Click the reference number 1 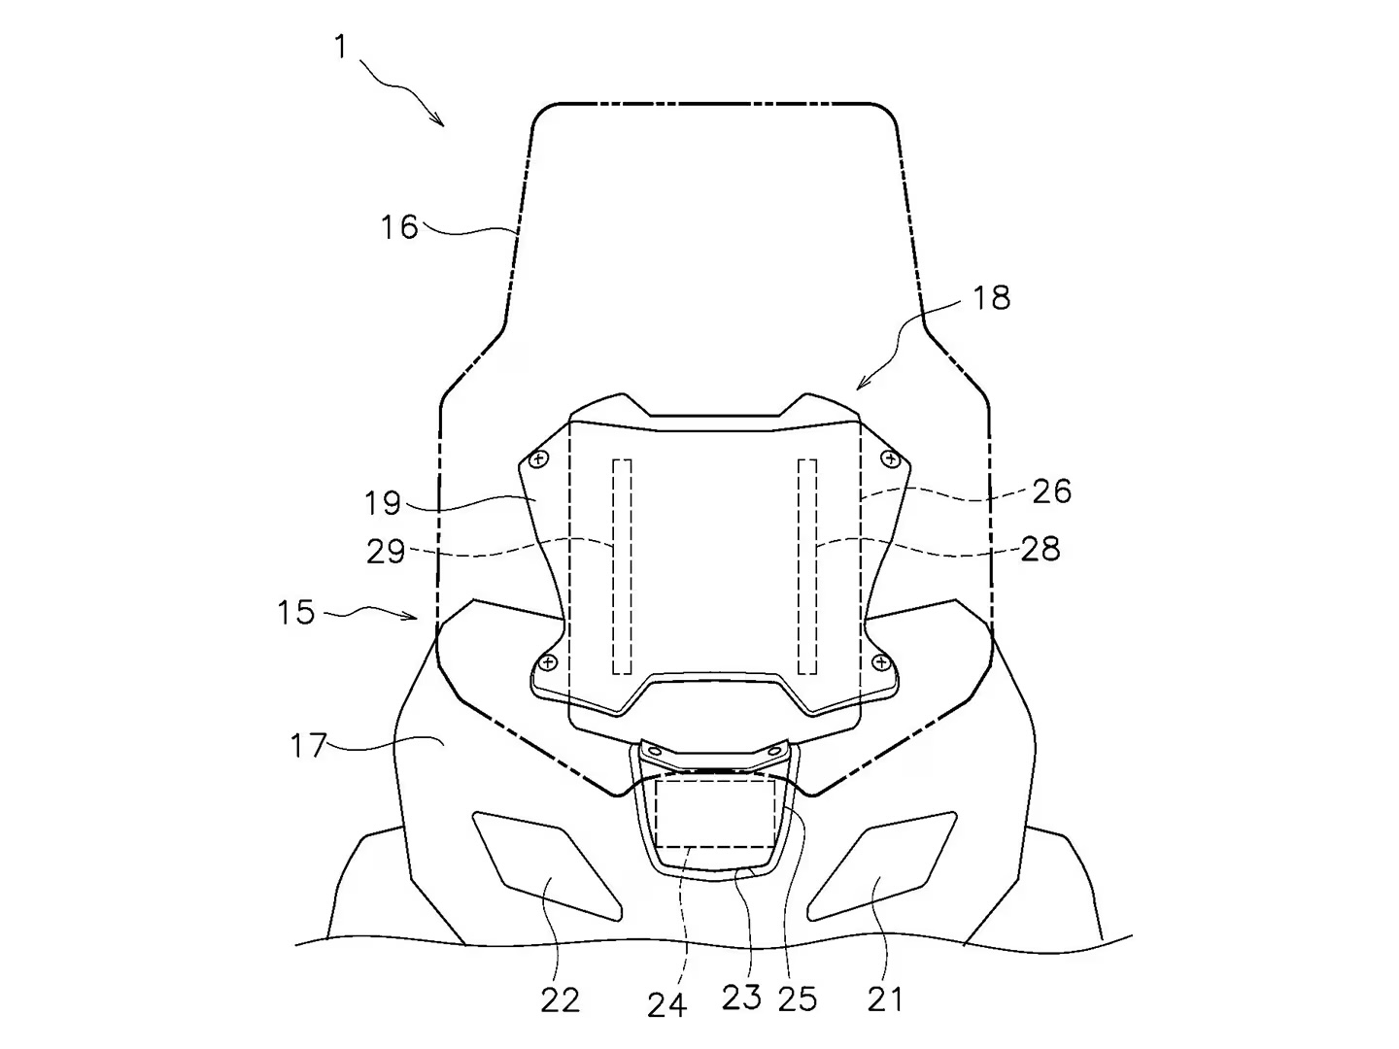(342, 48)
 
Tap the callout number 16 (399, 226)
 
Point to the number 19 (383, 502)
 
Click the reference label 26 (1052, 491)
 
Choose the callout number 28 (1041, 549)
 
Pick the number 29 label (386, 551)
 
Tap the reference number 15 (296, 612)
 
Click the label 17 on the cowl (309, 745)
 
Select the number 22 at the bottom (561, 999)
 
